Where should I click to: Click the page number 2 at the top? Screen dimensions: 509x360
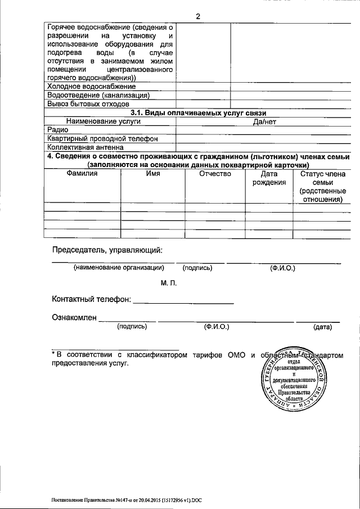[198, 16]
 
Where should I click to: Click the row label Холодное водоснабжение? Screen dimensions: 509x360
[92, 87]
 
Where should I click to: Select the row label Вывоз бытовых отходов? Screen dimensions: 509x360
[89, 104]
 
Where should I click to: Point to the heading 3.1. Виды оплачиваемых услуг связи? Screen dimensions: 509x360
[198, 113]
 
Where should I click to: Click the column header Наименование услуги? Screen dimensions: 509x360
[103, 121]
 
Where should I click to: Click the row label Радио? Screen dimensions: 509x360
[58, 130]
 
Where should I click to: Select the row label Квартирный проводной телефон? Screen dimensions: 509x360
[102, 138]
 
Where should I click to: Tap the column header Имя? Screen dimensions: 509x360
[153, 174]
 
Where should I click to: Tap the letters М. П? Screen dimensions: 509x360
[169, 283]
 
